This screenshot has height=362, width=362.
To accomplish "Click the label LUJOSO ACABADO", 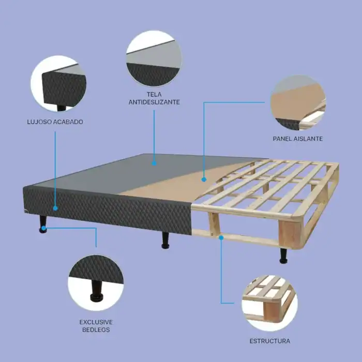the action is point(55,122).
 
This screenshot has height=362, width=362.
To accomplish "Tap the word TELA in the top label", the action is point(154,95).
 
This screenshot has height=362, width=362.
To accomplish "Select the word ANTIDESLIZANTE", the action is point(154,102).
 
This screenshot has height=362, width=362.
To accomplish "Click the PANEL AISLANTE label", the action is point(298,139).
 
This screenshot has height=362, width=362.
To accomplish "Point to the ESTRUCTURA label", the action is point(270,341).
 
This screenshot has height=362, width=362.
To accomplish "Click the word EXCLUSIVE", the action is point(96,322).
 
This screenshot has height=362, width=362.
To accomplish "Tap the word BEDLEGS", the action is point(96,330).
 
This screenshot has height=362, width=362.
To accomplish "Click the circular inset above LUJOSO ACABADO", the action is point(58,83).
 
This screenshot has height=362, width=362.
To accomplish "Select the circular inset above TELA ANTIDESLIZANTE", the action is point(154,58).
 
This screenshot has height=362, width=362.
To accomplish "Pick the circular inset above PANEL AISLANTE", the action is point(298,103).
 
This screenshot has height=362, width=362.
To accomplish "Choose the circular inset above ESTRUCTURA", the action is point(269,303).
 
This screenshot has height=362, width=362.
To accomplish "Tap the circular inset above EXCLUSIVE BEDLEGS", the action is point(96,283).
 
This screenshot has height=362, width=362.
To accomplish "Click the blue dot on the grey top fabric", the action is point(154,163).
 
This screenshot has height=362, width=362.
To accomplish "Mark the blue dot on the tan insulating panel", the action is point(204,179).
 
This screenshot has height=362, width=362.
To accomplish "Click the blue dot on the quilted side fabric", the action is point(55,208).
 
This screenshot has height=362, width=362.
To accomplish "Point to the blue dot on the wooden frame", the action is point(221,237).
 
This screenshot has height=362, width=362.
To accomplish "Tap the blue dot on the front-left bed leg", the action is point(43,229).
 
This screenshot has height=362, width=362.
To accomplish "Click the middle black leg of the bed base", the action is point(165,240).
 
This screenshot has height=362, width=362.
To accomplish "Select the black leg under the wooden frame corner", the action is point(283,256).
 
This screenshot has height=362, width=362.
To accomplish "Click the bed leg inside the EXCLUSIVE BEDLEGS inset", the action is point(97,291).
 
